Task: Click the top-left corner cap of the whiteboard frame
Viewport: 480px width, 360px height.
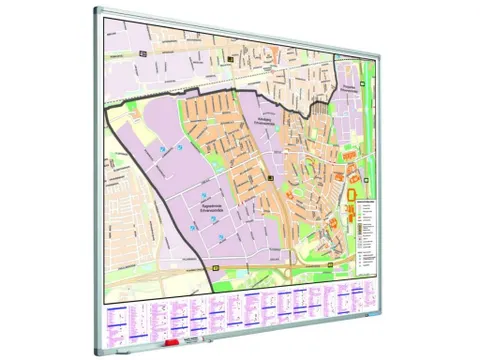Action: [x=98, y=11]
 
